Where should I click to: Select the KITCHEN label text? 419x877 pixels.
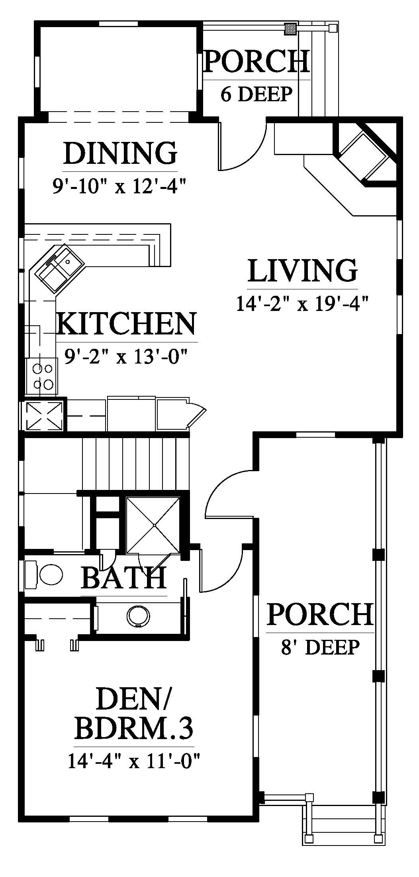tap(127, 324)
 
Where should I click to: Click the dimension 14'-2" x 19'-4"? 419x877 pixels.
tap(302, 304)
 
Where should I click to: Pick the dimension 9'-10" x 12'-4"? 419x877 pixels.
tap(120, 185)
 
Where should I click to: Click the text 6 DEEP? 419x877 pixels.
tap(257, 94)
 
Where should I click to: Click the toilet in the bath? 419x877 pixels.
tap(44, 574)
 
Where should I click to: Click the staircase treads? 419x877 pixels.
tap(135, 464)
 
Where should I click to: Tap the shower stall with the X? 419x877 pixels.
tap(154, 525)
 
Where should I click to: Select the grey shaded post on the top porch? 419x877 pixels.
tap(291, 29)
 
